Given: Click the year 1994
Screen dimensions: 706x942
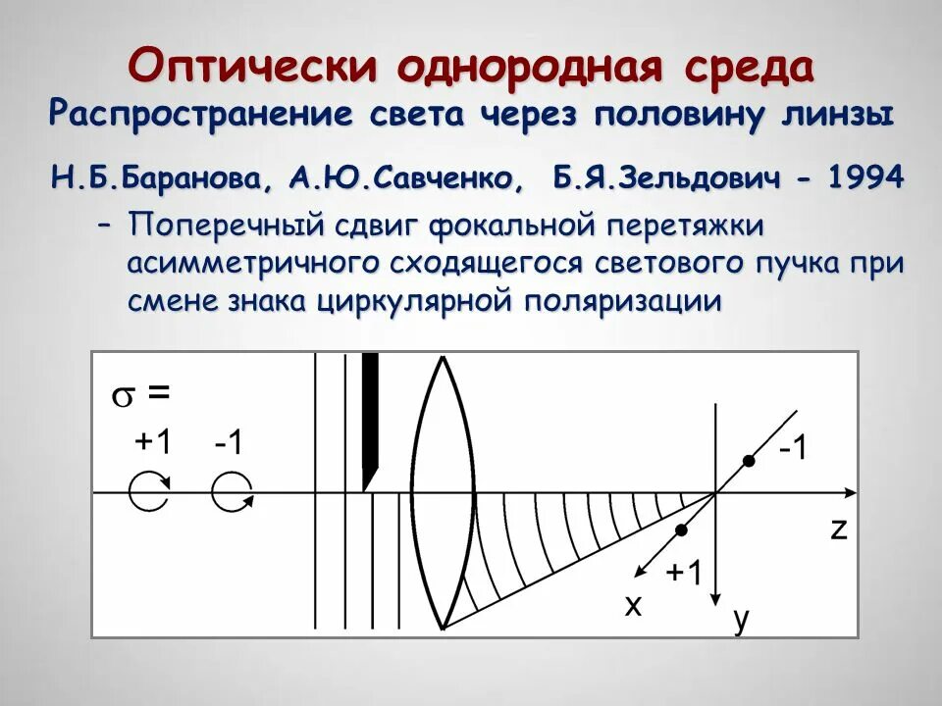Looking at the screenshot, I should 863,179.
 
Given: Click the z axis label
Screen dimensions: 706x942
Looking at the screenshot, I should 837,529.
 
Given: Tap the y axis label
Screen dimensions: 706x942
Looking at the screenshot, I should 741,618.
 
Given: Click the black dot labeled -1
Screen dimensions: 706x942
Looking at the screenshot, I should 749,461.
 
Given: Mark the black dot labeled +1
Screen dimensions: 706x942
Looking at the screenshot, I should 681,529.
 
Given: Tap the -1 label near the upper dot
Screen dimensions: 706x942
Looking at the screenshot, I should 793,449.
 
